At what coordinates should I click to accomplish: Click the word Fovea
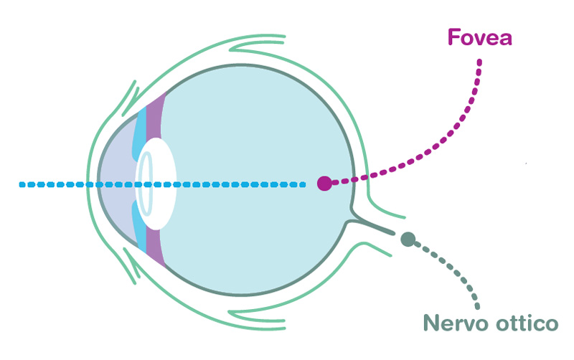[x=479, y=37]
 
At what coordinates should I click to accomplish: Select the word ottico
[x=527, y=323]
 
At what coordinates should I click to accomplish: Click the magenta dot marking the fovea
[x=324, y=184]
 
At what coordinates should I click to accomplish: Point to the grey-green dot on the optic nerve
[x=408, y=240]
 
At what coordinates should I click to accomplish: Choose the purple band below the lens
[x=156, y=247]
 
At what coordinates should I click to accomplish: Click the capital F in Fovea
[x=452, y=37]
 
